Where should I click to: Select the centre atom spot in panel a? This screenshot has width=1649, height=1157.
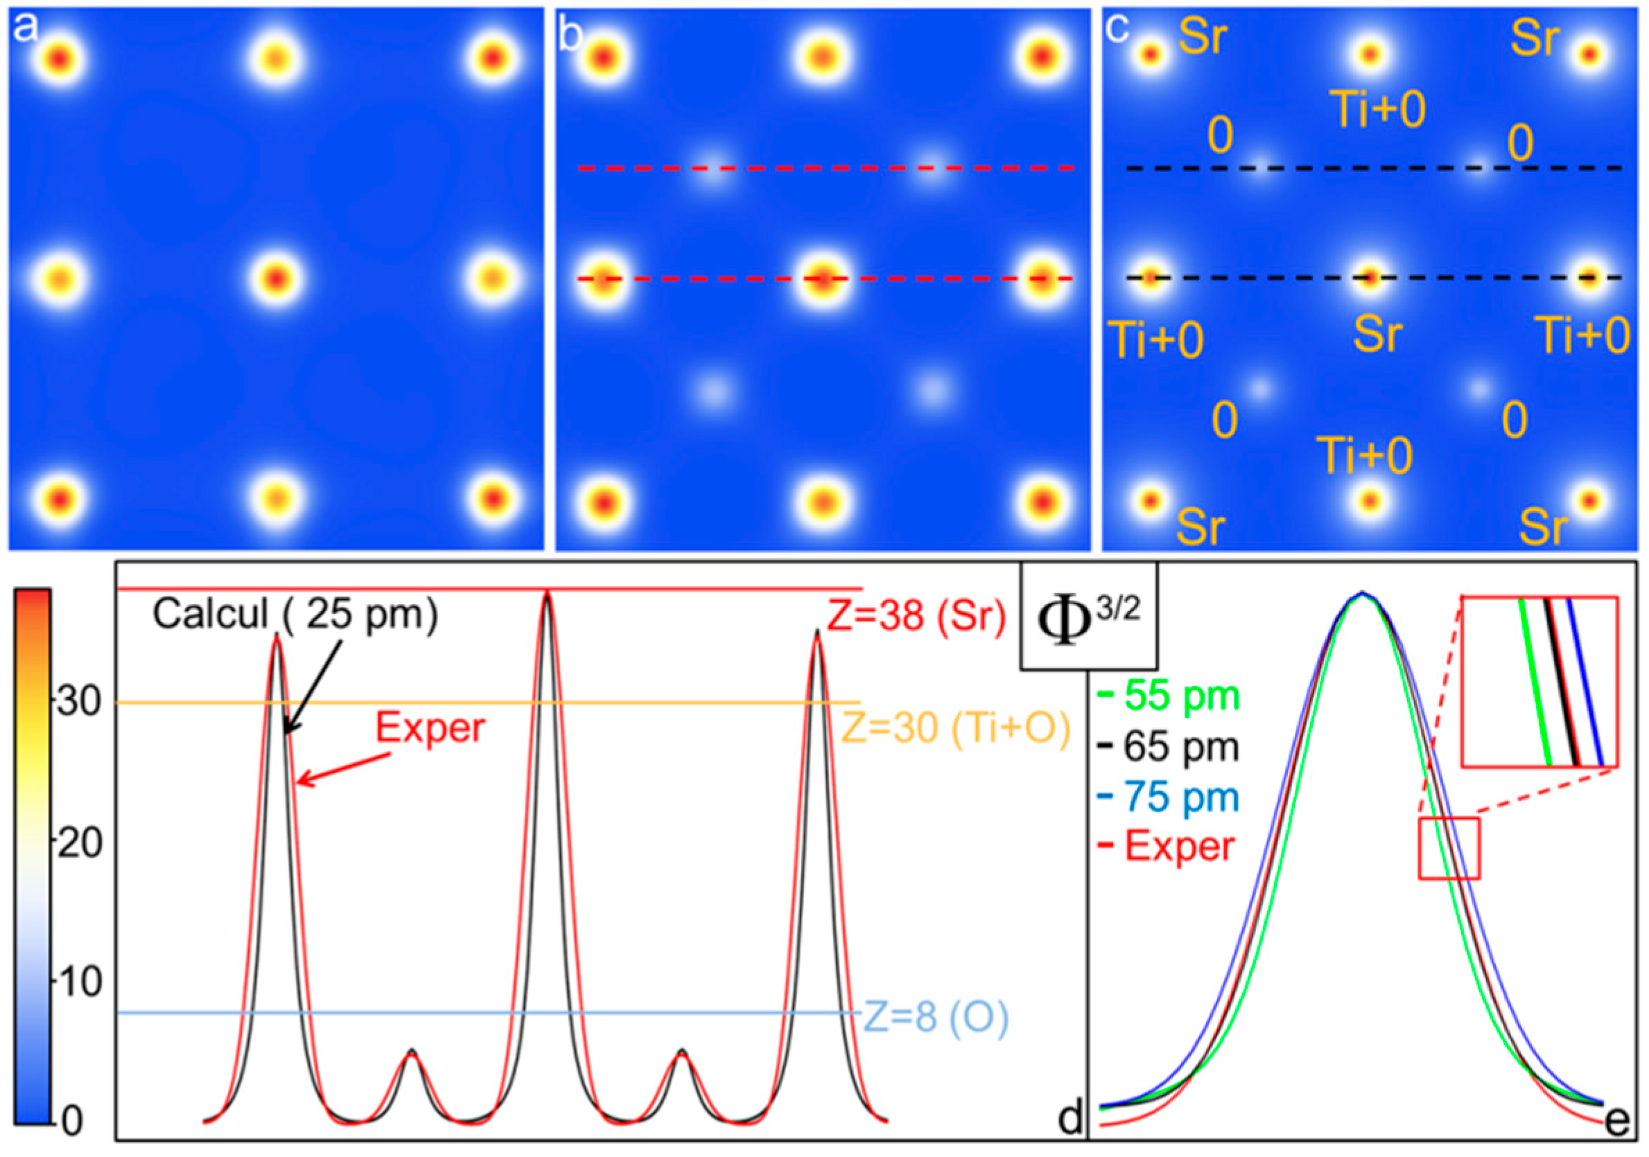pos(277,277)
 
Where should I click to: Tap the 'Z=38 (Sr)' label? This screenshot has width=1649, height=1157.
pos(916,616)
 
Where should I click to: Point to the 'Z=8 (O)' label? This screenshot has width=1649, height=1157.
pos(935,1018)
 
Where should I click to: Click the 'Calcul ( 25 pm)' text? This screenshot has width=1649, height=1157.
pos(295,615)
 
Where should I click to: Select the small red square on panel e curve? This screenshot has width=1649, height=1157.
pos(1449,847)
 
